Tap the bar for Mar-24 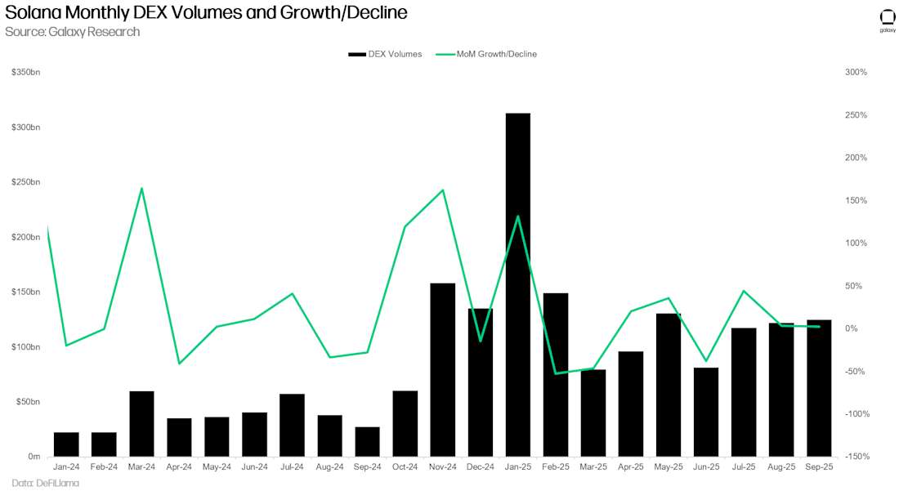click(141, 423)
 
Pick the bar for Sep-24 click(368, 441)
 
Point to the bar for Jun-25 click(706, 412)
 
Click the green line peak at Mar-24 click(142, 189)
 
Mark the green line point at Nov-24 click(443, 190)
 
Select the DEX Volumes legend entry click(385, 54)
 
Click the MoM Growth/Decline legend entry click(486, 54)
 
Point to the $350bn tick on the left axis click(25, 73)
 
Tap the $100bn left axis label click(25, 346)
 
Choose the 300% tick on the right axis click(856, 73)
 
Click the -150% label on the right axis click(856, 456)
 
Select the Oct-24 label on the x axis click(405, 467)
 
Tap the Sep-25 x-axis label click(819, 467)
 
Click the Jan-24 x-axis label click(66, 467)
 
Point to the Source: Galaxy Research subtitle click(72, 32)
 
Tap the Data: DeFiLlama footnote click(45, 483)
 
